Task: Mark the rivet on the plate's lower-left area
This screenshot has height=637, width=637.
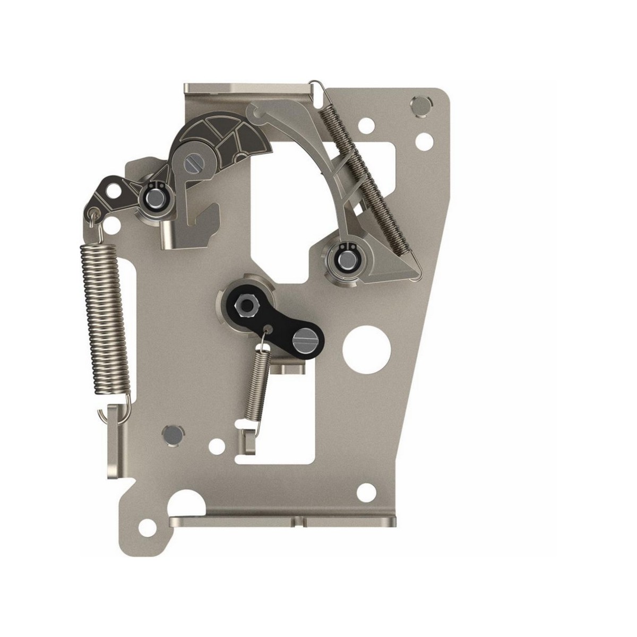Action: (x=171, y=434)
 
